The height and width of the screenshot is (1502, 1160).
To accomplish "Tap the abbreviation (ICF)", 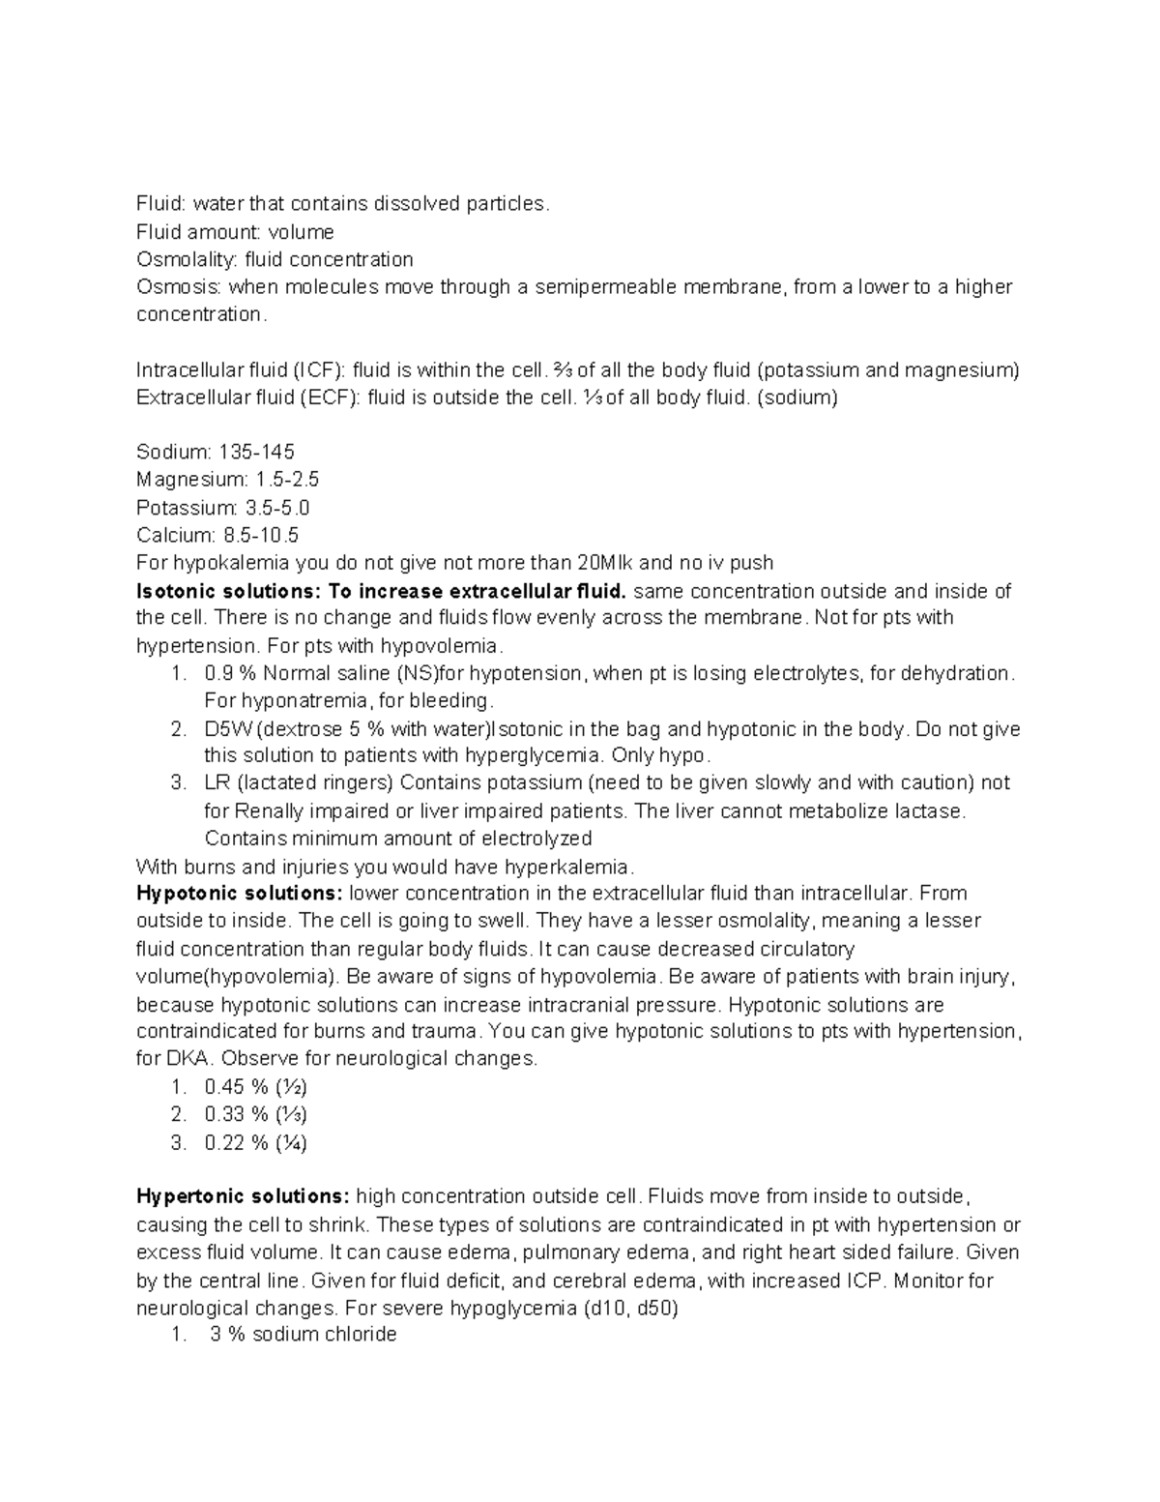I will (x=319, y=370).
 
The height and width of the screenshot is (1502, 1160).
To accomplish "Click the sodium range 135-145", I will (x=257, y=453).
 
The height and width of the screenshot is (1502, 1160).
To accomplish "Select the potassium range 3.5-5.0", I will (x=278, y=508).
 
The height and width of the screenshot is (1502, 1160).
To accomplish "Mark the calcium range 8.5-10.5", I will (x=261, y=535).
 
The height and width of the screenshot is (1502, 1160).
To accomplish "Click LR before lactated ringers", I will (x=217, y=782).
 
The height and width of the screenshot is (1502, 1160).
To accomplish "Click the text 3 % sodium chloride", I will (x=303, y=1335).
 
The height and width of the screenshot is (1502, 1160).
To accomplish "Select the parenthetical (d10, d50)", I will (x=626, y=1309).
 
